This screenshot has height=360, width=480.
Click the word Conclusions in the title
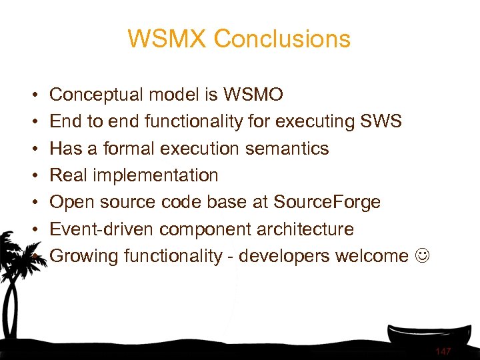[282, 39]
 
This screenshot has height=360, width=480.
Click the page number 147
[443, 351]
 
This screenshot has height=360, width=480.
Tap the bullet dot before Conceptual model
[34, 96]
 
